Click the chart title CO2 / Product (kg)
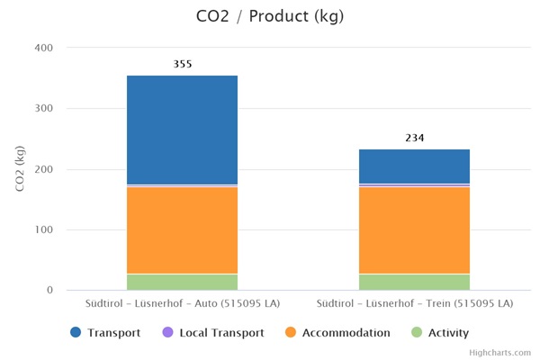coord(270,17)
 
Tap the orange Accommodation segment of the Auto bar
coord(182,229)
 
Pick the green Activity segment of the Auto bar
coord(182,282)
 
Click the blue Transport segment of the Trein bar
coord(414,166)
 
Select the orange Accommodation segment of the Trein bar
coord(414,229)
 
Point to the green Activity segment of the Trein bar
coord(414,282)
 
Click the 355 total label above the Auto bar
coord(183,64)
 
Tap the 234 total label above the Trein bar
coord(414,138)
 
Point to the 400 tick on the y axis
coord(44,48)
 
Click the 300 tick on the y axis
coord(44,109)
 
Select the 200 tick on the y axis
coord(44,169)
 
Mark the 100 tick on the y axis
coord(44,230)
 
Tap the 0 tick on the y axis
coord(50,291)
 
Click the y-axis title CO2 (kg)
coord(20,168)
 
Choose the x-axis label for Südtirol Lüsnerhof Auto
coord(182,303)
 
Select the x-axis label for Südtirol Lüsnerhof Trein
coord(414,303)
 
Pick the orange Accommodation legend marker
coord(290,333)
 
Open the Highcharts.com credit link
coord(500,353)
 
